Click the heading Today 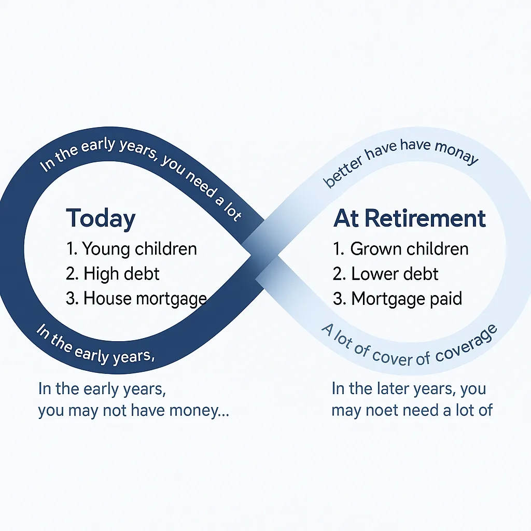coord(101,219)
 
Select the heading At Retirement coord(410,218)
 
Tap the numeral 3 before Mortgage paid coord(338,299)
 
